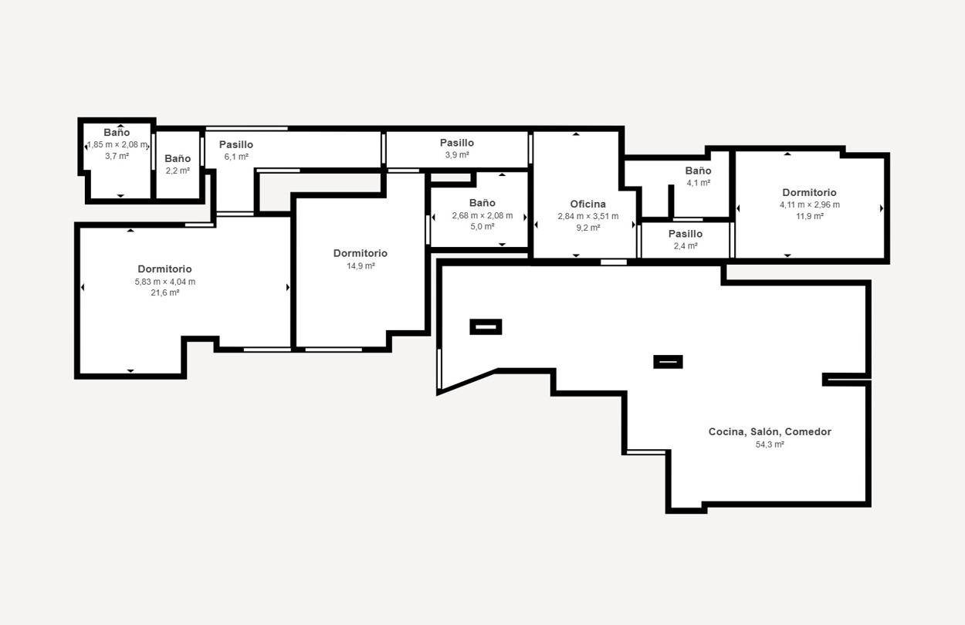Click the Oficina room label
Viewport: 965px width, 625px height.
587,204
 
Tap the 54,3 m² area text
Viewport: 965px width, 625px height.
770,444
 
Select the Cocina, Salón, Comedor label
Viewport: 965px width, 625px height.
770,432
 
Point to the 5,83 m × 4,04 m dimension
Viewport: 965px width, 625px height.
165,282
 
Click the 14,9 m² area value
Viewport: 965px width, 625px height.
361,266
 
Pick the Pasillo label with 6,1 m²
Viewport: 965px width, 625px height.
236,144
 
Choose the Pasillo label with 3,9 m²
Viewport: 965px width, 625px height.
457,143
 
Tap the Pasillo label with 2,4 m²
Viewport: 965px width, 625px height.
686,234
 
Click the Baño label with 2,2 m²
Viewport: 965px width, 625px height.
178,159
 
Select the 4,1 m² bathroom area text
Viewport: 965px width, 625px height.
699,183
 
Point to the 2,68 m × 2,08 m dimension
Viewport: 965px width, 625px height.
482,215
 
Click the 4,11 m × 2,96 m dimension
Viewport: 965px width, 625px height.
810,205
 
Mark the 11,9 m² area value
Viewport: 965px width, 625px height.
810,216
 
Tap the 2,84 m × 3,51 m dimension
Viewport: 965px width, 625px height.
588,216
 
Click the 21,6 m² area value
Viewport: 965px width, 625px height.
165,292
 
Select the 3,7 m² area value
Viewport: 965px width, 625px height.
117,156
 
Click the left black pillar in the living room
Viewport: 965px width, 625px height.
486,326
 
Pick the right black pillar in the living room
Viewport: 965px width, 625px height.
668,362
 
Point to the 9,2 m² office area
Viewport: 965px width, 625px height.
588,228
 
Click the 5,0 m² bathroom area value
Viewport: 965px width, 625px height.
482,226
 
